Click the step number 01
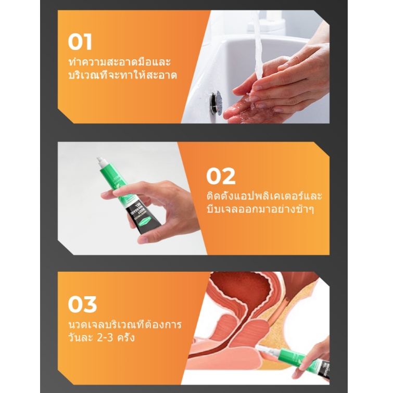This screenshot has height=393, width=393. tap(80, 42)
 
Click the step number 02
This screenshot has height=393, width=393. tap(221, 176)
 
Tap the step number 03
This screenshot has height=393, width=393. tap(82, 305)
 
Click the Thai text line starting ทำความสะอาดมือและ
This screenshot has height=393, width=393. tap(119, 61)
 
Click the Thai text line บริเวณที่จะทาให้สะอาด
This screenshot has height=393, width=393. tap(122, 75)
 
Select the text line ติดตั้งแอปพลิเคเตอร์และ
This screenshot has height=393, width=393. tap(264, 196)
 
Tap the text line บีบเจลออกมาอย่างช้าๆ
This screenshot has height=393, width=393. tap(260, 209)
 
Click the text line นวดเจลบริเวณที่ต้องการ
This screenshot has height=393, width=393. tap(124, 324)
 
